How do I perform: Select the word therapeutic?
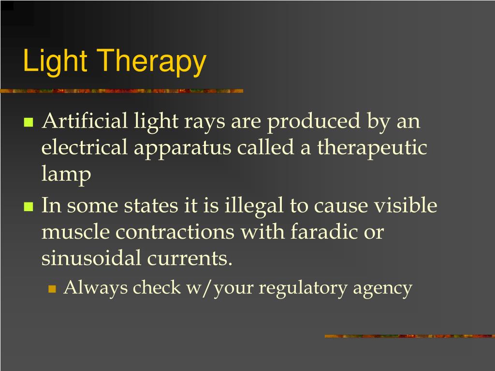[x=372, y=148]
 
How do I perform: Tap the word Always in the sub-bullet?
[x=96, y=288]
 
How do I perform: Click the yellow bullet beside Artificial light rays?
[x=28, y=122]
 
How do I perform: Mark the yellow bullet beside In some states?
[x=28, y=207]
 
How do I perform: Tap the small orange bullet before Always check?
[x=52, y=289]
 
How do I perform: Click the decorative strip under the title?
[x=121, y=91]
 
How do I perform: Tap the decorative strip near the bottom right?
[x=409, y=336]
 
